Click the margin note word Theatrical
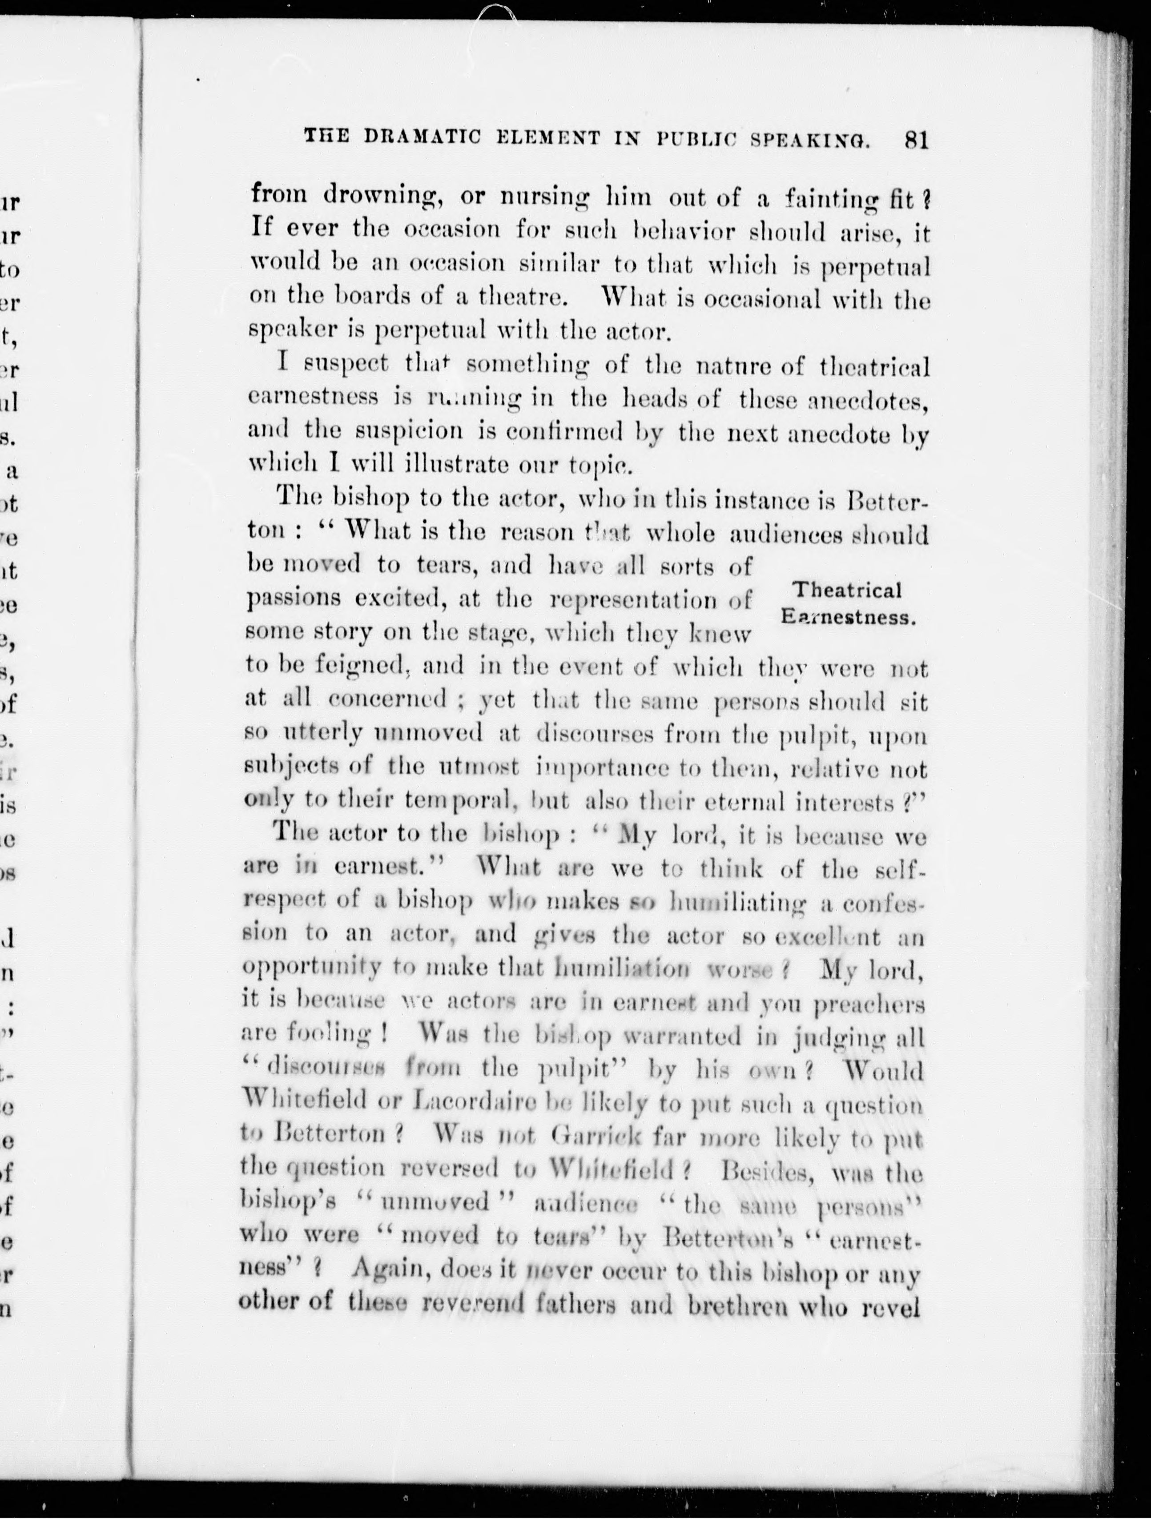[x=847, y=590]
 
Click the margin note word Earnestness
[x=849, y=617]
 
